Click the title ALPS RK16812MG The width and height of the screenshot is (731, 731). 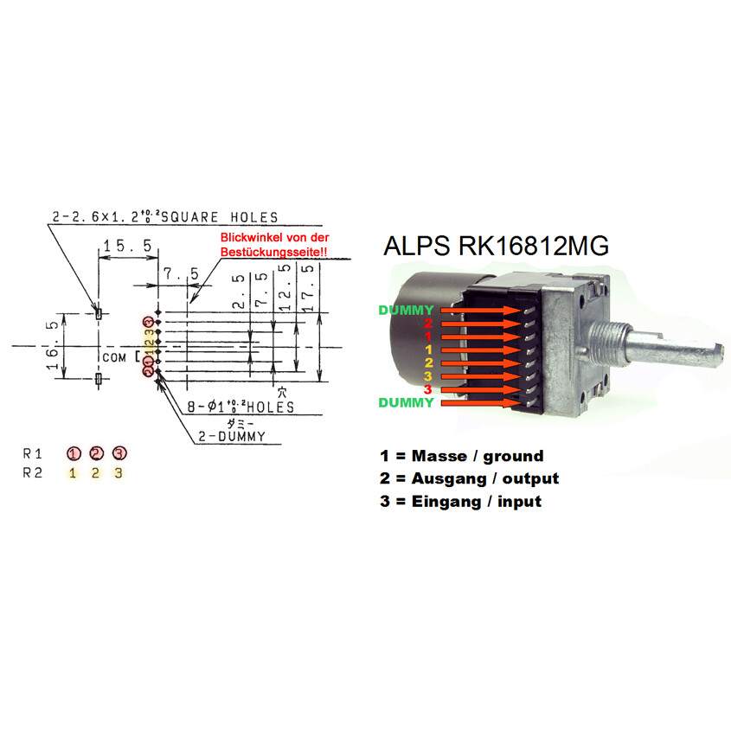tap(496, 247)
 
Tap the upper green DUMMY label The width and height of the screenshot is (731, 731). tap(406, 310)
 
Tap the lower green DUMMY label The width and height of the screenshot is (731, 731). tap(406, 402)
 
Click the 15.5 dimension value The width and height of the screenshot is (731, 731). tap(126, 247)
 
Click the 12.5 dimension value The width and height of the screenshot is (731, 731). tap(285, 285)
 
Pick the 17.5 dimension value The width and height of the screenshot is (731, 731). tap(308, 285)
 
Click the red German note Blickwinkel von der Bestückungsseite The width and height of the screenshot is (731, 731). tap(275, 243)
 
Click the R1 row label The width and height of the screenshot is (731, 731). tap(33, 452)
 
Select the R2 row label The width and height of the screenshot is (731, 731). tap(33, 473)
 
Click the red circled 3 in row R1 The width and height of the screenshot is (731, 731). tap(119, 452)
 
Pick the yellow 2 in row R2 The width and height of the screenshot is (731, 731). tap(96, 473)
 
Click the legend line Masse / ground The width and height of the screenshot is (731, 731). tap(461, 456)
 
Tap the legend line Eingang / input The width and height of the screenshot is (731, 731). tap(460, 501)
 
